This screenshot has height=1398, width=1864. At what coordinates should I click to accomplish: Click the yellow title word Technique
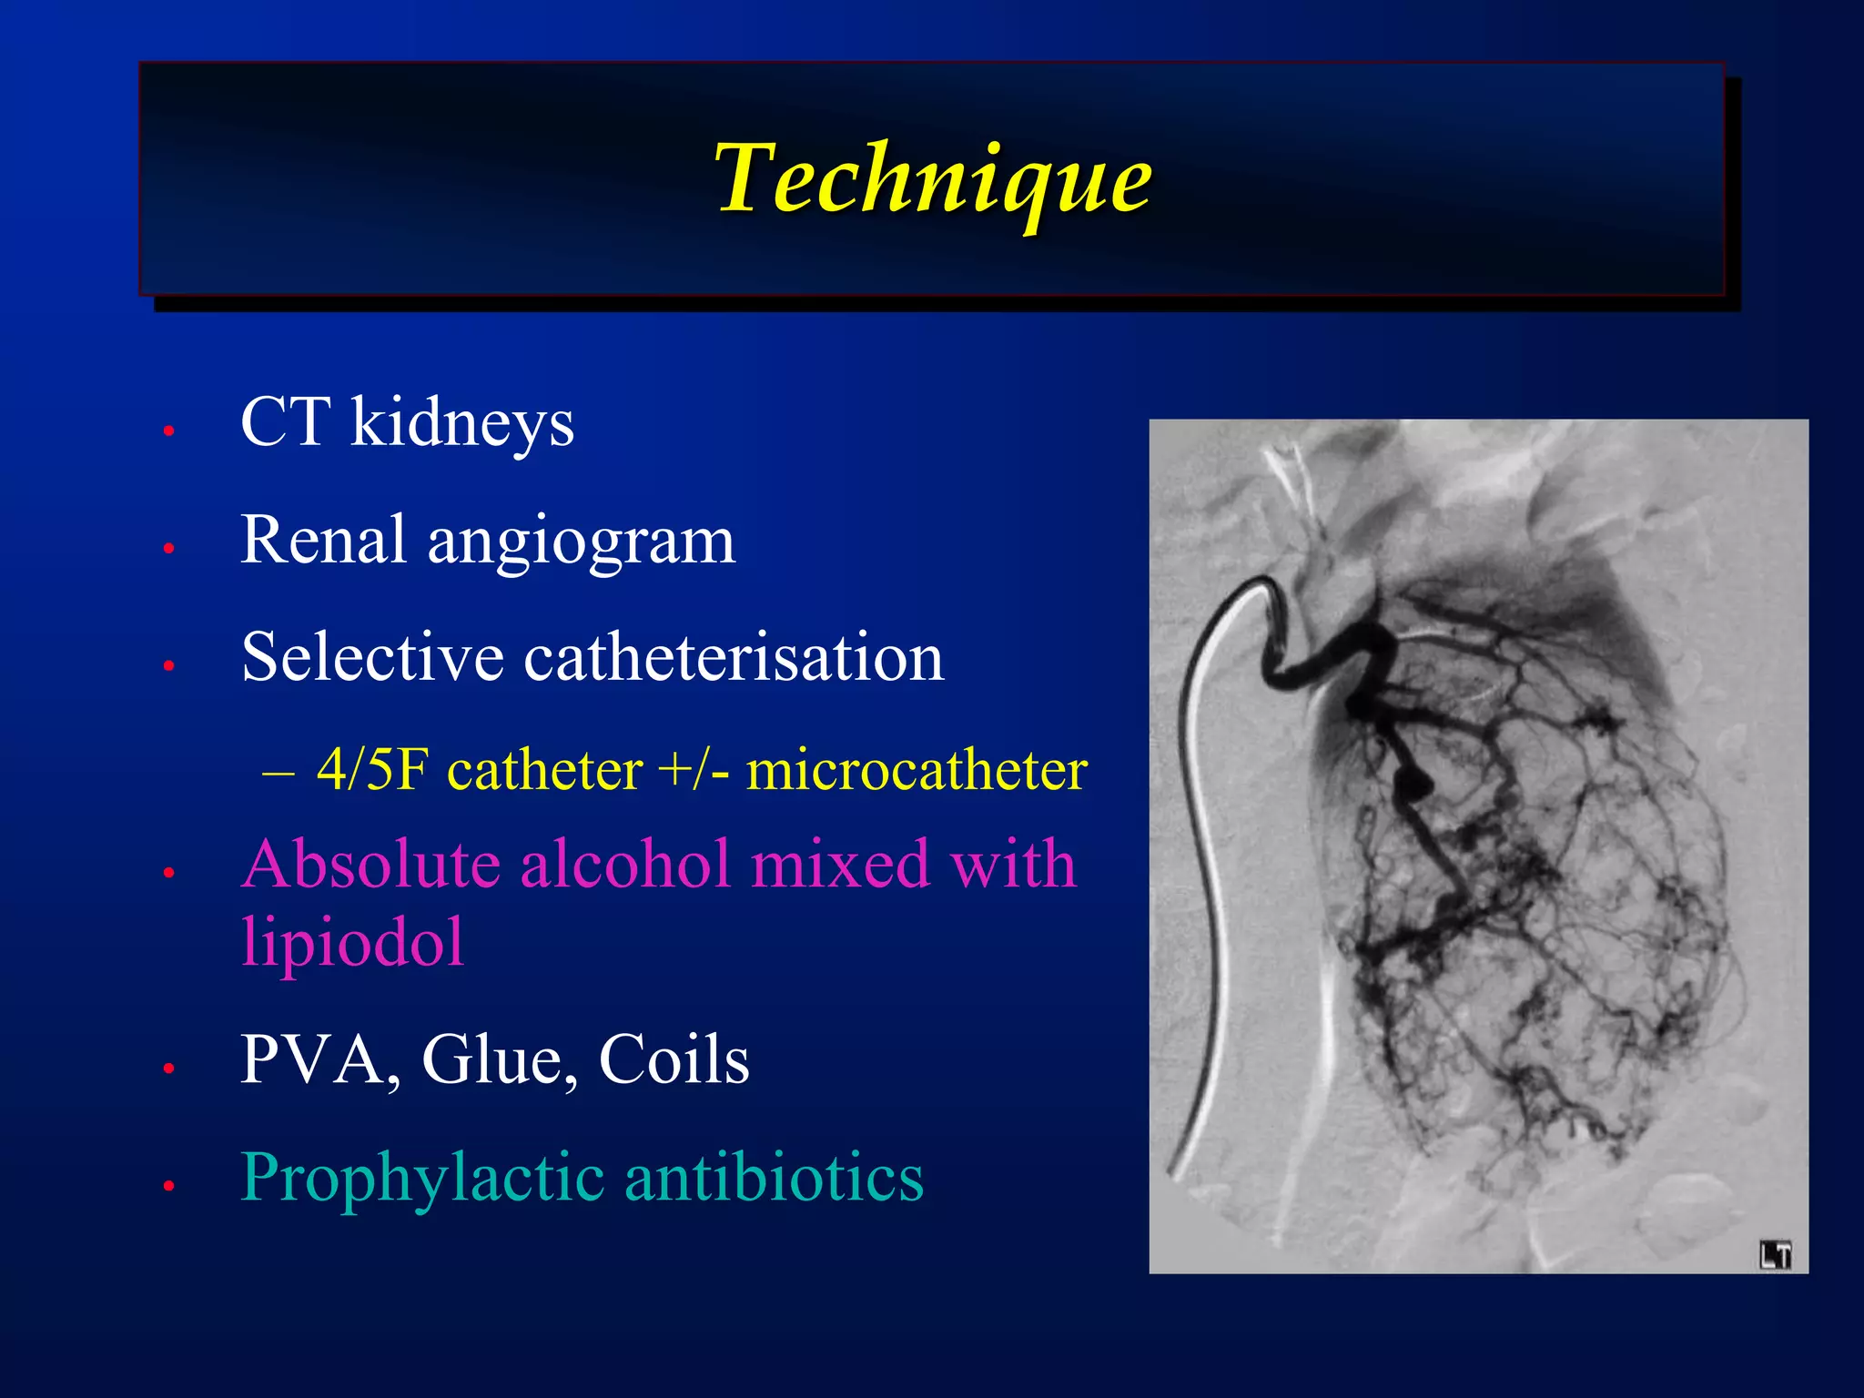(x=932, y=178)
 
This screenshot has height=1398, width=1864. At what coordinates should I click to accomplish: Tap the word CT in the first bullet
(x=284, y=422)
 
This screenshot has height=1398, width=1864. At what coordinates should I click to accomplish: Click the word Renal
(x=322, y=540)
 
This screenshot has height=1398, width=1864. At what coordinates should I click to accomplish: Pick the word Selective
(x=372, y=656)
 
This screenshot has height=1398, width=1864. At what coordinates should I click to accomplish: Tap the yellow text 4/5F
(x=371, y=770)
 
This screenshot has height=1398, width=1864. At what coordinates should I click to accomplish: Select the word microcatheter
(x=917, y=770)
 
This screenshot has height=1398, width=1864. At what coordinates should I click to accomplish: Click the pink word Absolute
(x=371, y=864)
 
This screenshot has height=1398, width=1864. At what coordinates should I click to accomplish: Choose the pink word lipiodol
(x=353, y=943)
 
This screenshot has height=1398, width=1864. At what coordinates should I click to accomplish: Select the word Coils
(x=674, y=1059)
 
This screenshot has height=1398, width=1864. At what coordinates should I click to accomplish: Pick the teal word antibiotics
(x=774, y=1177)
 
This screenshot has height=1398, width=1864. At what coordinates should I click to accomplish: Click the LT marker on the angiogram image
(x=1775, y=1255)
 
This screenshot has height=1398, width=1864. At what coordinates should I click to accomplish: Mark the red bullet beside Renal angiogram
(x=168, y=548)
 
